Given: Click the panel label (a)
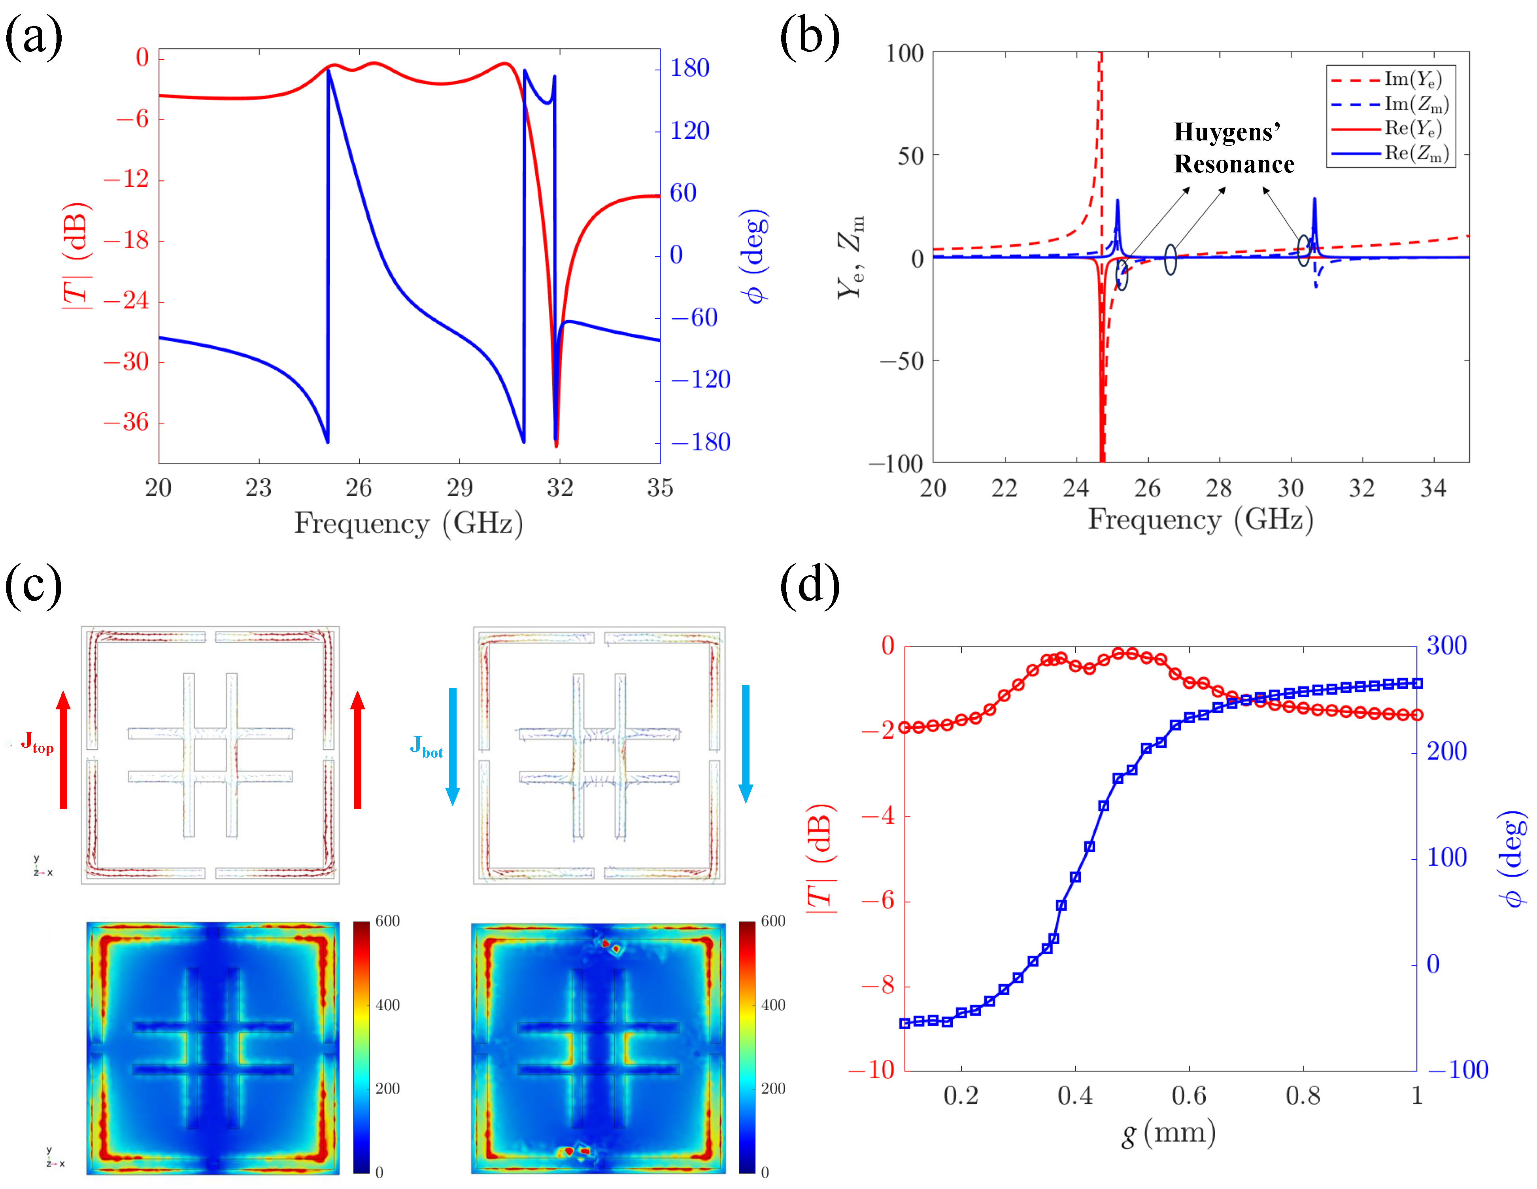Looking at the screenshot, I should pos(33,35).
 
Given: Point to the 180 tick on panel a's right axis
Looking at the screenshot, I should pos(689,68).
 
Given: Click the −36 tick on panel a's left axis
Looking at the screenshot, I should pos(127,422).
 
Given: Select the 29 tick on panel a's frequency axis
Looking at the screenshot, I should pos(459,487).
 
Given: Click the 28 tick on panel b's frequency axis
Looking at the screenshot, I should pos(1219,487).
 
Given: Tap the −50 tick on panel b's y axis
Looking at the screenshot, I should pos(901,361).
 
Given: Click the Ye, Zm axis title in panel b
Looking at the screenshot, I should pos(850,257).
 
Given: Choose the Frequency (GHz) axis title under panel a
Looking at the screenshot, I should pos(408,523).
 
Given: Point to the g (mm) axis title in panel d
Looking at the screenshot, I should pos(1168,1133).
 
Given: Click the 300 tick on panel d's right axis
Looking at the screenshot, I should pos(1446,646).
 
